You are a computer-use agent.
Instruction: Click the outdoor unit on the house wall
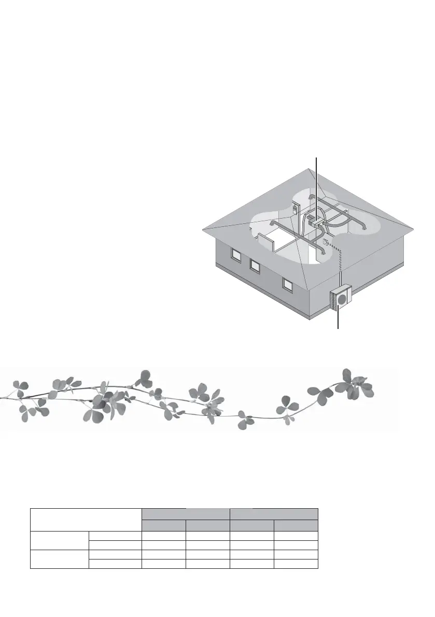pyautogui.click(x=340, y=299)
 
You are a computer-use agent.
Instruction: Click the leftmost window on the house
pyautogui.click(x=236, y=255)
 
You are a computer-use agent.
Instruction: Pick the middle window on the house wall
pyautogui.click(x=255, y=265)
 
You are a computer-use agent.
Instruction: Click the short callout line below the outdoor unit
pyautogui.click(x=338, y=320)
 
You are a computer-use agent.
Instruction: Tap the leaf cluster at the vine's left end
pyautogui.click(x=21, y=389)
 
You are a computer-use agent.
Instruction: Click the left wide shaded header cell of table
pyautogui.click(x=186, y=514)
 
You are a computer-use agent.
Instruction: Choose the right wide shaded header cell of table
pyautogui.click(x=274, y=514)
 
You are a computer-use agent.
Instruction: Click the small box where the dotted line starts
pyautogui.click(x=326, y=242)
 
